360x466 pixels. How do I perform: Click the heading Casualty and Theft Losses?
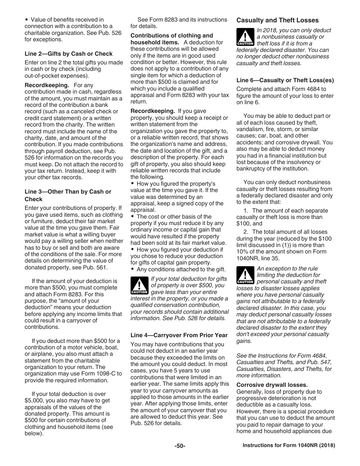pyautogui.click(x=277, y=20)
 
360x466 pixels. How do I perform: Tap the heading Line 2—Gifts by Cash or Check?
pyautogui.click(x=69, y=54)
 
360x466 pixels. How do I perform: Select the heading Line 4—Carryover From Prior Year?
pyautogui.click(x=179, y=335)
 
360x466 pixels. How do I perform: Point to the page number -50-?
pyautogui.click(x=180, y=446)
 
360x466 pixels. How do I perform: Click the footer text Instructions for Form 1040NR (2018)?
pyautogui.click(x=289, y=446)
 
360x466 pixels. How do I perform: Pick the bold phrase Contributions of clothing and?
pyautogui.click(x=172, y=36)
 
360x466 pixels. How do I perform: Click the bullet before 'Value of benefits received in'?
pyautogui.click(x=26, y=20)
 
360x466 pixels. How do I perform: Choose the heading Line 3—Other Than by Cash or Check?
pyautogui.click(x=68, y=195)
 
